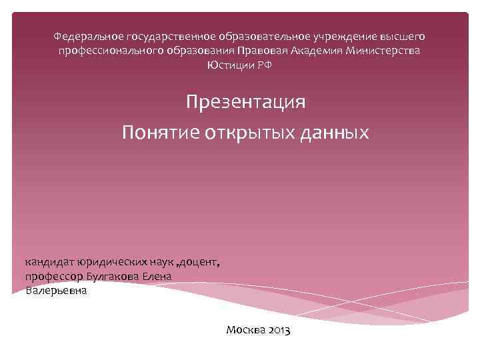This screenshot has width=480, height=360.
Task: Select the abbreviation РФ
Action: [265, 65]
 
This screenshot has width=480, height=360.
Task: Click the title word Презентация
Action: [246, 103]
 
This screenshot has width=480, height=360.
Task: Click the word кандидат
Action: [50, 262]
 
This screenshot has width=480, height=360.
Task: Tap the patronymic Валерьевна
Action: [56, 291]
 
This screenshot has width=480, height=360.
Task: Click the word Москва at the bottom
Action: [246, 329]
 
